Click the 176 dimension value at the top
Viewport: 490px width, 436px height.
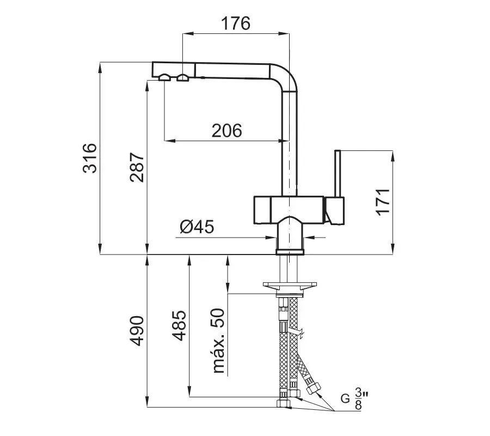click(x=236, y=23)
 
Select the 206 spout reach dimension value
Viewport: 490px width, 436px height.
click(x=226, y=130)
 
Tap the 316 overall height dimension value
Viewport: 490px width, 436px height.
click(x=89, y=158)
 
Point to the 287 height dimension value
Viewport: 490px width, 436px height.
click(x=137, y=166)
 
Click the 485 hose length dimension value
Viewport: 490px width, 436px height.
click(x=179, y=326)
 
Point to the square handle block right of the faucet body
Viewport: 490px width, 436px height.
click(x=335, y=211)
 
